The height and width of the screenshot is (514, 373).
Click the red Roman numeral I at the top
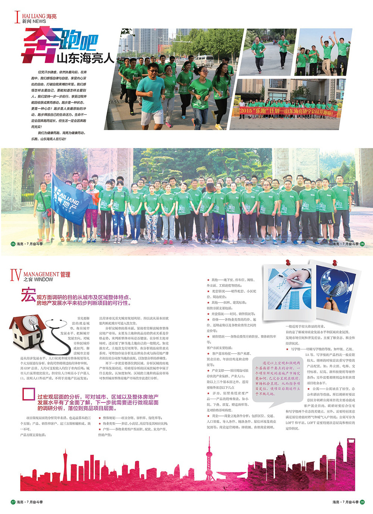click(17, 17)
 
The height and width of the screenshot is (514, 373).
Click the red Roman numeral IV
click(16, 275)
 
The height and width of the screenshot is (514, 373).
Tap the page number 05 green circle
click(13, 244)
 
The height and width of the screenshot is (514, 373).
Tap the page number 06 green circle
click(362, 244)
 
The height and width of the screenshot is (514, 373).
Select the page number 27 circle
click(13, 502)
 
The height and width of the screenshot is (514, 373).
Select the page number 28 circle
click(362, 502)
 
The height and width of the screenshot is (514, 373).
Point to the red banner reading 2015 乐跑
click(286, 111)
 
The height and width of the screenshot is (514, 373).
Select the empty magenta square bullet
click(28, 394)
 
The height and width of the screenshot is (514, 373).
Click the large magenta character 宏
click(28, 295)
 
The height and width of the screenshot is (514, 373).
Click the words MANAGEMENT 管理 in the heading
click(47, 275)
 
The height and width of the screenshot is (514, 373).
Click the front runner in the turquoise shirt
click(151, 95)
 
